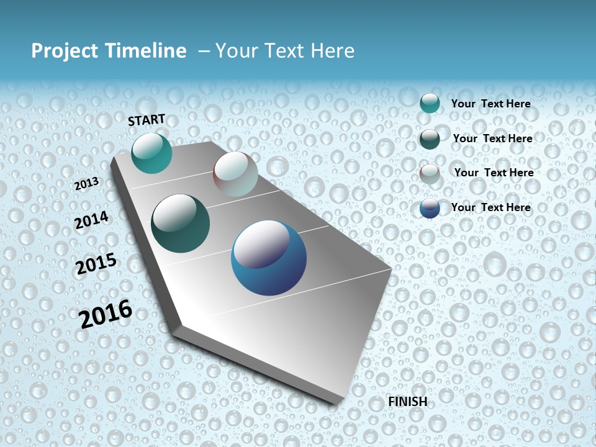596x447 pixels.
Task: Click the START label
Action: click(x=147, y=120)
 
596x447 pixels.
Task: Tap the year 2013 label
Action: click(x=87, y=183)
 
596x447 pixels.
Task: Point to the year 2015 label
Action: click(x=96, y=264)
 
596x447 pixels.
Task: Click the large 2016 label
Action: click(x=106, y=314)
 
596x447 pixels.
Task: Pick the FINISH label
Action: click(x=407, y=402)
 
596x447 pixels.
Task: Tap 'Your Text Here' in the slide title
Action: click(x=285, y=51)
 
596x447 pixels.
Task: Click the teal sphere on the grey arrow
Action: click(x=152, y=153)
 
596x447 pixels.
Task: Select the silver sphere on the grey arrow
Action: click(x=235, y=174)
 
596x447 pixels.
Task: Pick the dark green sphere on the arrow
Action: click(x=181, y=223)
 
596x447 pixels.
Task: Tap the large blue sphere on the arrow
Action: click(x=269, y=258)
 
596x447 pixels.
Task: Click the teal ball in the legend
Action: click(x=430, y=104)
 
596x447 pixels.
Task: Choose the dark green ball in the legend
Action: click(x=430, y=139)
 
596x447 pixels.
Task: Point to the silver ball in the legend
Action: click(x=430, y=174)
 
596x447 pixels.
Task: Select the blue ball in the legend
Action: click(x=430, y=208)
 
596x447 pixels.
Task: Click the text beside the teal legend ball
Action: click(x=490, y=104)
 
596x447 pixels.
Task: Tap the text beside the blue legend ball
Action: click(x=490, y=207)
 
